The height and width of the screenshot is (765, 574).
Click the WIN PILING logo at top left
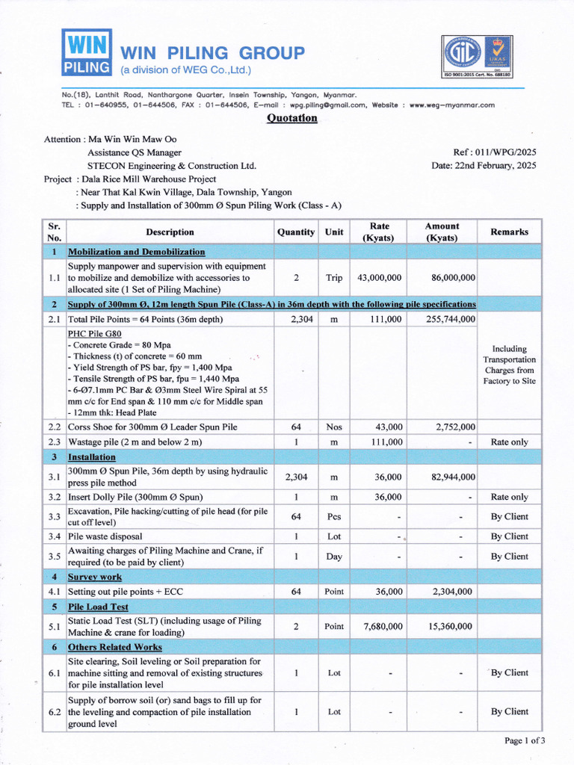tap(87, 52)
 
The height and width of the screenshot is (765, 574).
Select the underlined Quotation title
tap(292, 118)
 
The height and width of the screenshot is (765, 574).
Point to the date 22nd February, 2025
tap(484, 165)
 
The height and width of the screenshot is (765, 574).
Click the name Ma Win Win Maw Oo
tap(133, 139)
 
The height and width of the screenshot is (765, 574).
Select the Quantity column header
tap(296, 232)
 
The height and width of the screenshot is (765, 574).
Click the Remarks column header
tap(509, 232)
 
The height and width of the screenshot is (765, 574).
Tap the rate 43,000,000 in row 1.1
tap(380, 277)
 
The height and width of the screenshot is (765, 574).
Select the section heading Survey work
tap(95, 577)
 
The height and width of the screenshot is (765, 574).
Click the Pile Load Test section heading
tap(98, 607)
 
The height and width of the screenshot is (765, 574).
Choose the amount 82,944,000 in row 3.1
tap(446, 477)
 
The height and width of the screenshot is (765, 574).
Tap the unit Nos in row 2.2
tap(334, 427)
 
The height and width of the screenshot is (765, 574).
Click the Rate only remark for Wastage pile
tap(509, 442)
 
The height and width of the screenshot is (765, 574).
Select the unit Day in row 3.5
tap(334, 557)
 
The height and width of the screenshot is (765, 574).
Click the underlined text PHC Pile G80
tap(94, 333)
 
